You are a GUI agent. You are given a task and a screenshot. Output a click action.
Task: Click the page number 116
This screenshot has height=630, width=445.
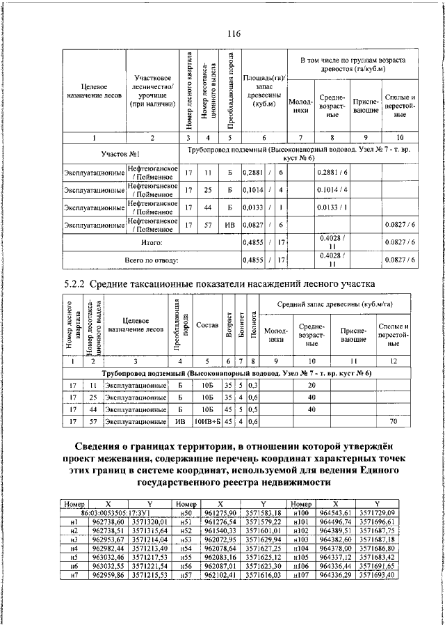(233, 34)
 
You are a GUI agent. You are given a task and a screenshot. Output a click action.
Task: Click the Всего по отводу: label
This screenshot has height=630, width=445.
(152, 260)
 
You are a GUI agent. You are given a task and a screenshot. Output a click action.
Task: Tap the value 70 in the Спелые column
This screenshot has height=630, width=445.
(392, 421)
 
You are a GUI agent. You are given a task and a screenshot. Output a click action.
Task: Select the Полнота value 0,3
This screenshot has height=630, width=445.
(253, 385)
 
